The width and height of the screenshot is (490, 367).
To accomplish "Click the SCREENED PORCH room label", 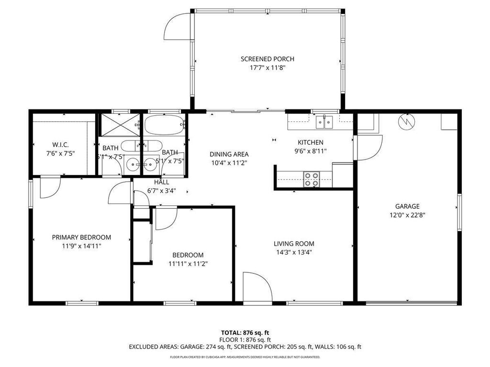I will tap(267, 59).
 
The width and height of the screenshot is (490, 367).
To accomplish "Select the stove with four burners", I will tap(312, 179).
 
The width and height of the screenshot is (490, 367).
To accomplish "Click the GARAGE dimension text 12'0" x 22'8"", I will tap(407, 215).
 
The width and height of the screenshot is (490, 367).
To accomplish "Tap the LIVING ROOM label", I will tap(294, 243).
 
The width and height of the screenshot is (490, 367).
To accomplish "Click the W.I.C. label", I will tap(62, 145).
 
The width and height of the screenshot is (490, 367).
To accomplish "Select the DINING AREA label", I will tap(229, 154).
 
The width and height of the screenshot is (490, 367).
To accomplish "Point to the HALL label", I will tap(161, 182).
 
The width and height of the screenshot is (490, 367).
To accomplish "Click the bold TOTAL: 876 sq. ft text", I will tap(245, 333).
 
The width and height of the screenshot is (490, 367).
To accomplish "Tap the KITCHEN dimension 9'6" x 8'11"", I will tap(311, 151).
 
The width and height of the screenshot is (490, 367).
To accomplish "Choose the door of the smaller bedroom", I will tap(166, 217).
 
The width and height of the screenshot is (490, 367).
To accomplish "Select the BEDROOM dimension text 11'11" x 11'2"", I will tap(188, 263).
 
